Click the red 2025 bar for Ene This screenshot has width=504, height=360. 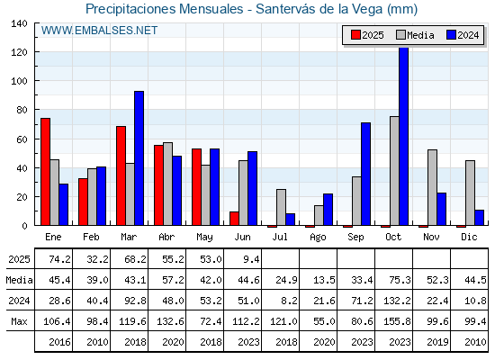[45, 172]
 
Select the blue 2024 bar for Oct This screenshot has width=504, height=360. [404, 136]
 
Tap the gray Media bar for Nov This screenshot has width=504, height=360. [432, 187]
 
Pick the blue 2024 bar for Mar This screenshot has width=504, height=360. [139, 158]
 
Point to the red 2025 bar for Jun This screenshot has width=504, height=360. [234, 219]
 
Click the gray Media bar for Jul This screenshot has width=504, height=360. [281, 207]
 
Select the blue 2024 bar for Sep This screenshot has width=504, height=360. [365, 174]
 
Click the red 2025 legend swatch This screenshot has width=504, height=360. [355, 35]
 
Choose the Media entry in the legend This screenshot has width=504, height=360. [415, 35]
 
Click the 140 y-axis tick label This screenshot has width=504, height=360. [19, 23]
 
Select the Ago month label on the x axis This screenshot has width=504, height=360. [318, 238]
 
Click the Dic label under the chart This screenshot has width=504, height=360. [469, 237]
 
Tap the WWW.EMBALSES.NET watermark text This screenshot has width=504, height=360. [99, 31]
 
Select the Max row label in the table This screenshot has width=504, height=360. [19, 321]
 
